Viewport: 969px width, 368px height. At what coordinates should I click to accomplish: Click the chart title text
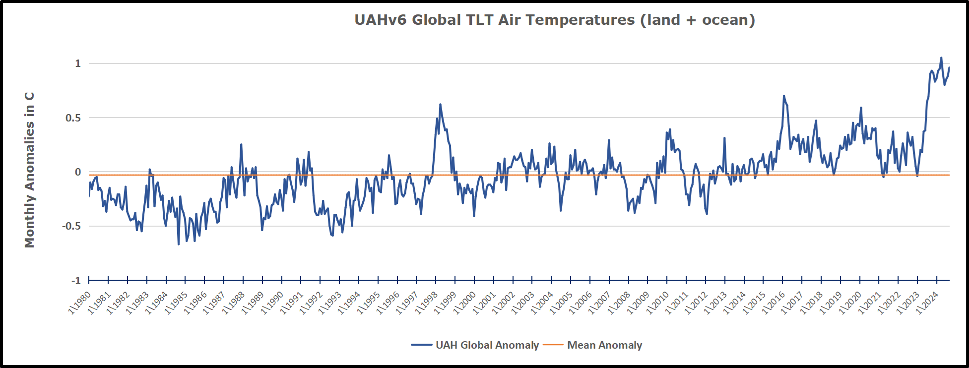[554, 20]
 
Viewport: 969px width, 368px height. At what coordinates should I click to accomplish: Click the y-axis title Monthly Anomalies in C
[30, 170]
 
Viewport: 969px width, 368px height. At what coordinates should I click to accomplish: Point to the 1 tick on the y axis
[78, 63]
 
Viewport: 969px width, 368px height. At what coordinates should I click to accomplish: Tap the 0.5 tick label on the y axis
[73, 118]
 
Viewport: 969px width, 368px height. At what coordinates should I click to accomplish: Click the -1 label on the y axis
[76, 281]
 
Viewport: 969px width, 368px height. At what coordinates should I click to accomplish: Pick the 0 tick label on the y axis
[78, 172]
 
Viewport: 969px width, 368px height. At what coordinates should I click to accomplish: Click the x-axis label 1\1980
[80, 302]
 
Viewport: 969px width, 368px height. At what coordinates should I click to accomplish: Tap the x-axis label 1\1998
[427, 302]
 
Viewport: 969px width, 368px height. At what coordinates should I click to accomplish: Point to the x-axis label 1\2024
[927, 302]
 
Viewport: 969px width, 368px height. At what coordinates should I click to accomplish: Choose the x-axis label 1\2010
[658, 302]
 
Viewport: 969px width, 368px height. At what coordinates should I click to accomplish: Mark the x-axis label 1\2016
[774, 302]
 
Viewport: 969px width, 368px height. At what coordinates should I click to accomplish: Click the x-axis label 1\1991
[292, 302]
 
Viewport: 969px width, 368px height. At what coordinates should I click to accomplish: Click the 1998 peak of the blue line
[440, 104]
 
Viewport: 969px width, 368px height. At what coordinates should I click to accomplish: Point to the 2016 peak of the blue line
[784, 96]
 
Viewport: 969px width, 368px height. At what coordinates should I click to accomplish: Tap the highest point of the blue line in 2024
[941, 58]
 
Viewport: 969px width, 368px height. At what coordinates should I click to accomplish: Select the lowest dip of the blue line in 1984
[179, 245]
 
